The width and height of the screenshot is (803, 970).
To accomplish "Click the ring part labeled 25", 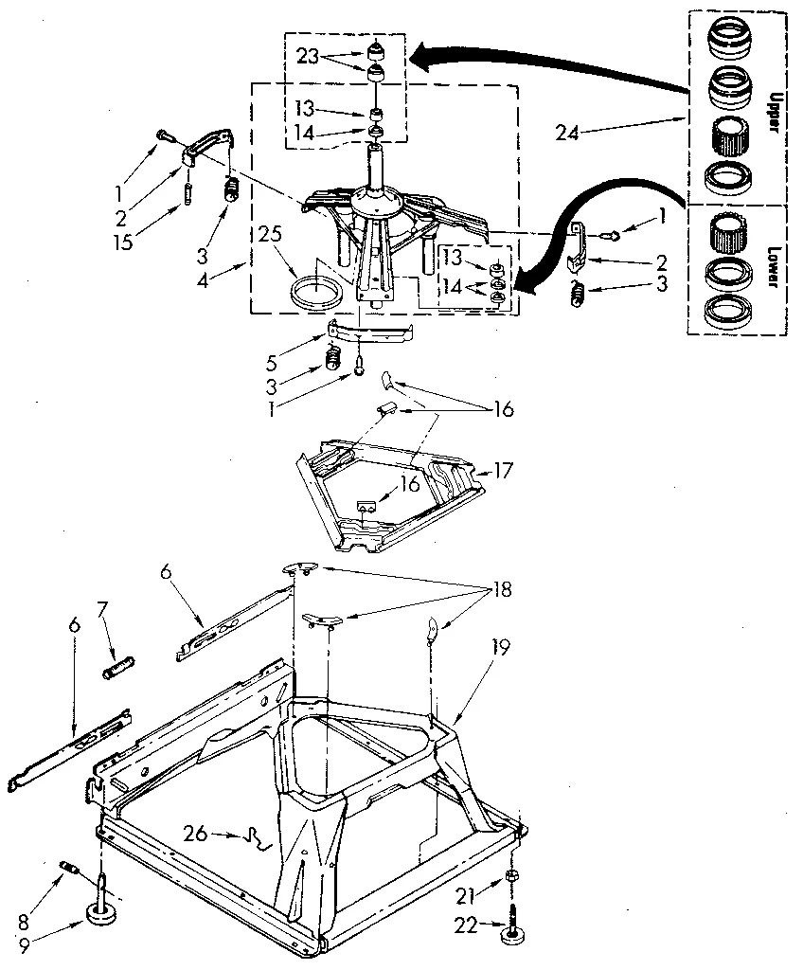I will click(x=313, y=289).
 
